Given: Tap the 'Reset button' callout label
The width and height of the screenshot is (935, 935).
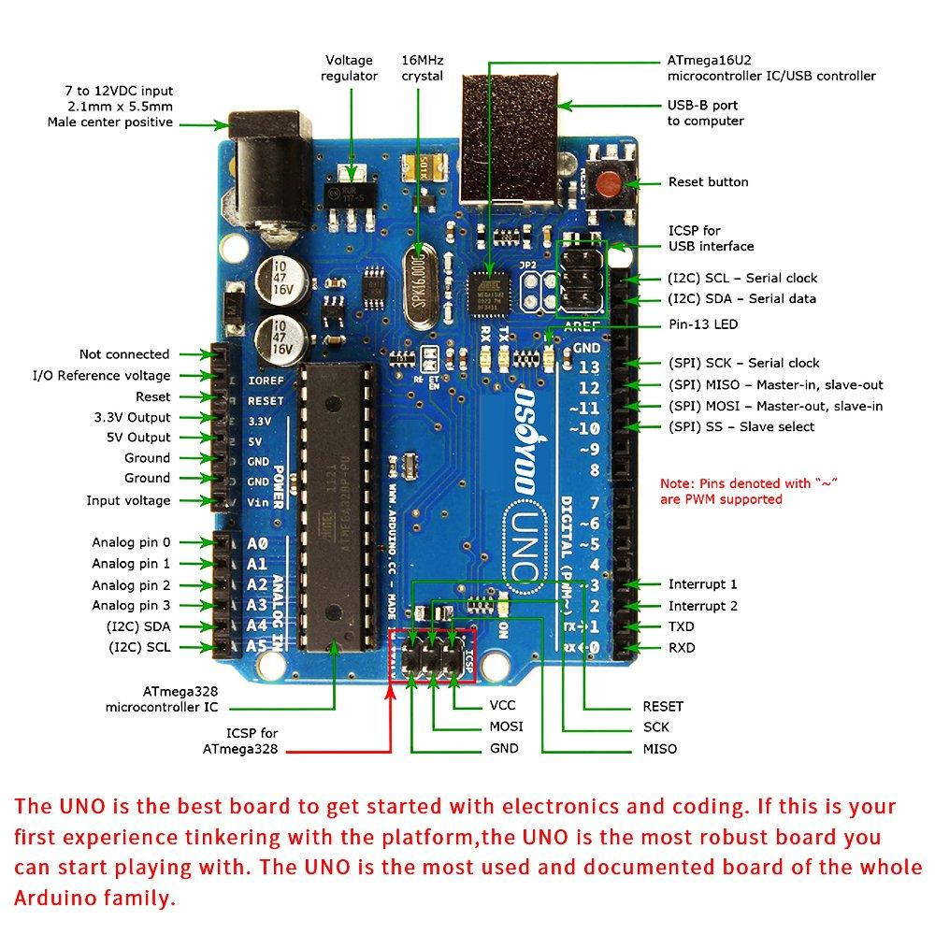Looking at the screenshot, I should [x=708, y=182].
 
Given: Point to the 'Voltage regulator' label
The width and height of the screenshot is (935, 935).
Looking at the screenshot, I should [x=349, y=68].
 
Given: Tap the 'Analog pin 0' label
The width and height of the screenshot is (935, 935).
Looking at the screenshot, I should [x=131, y=542].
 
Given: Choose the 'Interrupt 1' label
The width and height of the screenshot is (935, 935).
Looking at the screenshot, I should [x=702, y=584].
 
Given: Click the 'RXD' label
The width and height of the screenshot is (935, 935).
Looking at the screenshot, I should [x=682, y=648].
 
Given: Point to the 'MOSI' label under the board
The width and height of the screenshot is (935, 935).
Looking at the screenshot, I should [x=506, y=726].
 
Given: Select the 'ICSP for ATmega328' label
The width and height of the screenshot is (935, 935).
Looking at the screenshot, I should [x=238, y=741].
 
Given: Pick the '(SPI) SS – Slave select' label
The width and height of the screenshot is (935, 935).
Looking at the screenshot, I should [x=741, y=427].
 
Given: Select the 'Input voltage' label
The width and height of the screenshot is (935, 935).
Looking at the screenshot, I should [x=129, y=501].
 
